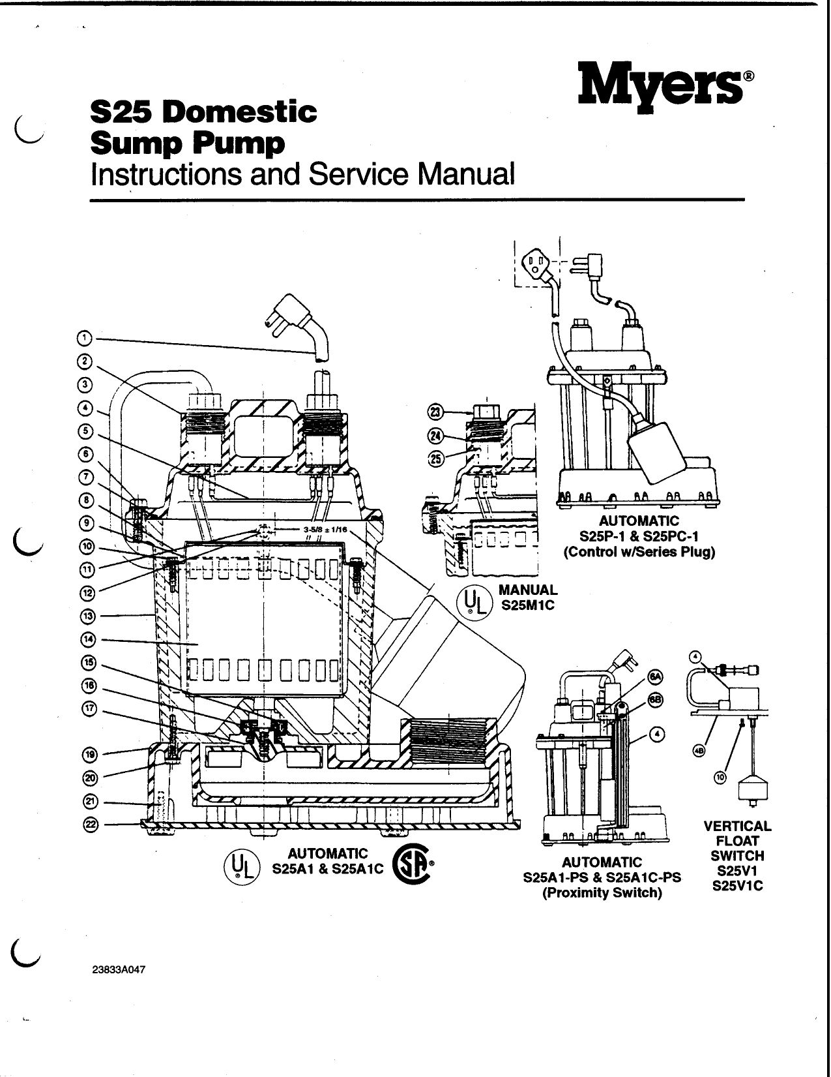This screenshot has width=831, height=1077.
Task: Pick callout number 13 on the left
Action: coord(89,615)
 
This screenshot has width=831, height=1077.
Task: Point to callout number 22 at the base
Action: coord(89,825)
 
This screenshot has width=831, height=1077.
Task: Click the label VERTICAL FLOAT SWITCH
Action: coord(737,840)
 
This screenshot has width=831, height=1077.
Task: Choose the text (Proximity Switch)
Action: coord(602,893)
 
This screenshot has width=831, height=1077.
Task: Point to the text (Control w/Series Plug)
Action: coord(639,551)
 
